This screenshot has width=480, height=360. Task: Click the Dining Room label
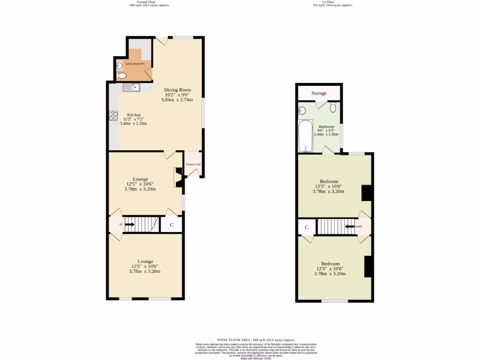pos(177,90)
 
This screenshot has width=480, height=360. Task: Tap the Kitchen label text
pos(135,114)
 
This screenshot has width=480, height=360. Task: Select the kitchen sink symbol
pos(131,87)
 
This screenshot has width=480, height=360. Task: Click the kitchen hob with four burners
pos(113,115)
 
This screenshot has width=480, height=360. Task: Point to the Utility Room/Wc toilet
pos(122,75)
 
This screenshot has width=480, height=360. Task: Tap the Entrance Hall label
pos(193,164)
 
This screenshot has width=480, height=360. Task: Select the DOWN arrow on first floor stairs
pos(351,226)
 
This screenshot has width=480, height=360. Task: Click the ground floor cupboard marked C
pos(172,225)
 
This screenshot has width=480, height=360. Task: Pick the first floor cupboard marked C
pos(307,227)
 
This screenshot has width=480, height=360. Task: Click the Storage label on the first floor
pos(319,93)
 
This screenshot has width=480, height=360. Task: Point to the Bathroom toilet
pos(333,108)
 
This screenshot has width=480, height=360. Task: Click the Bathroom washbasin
pos(302,111)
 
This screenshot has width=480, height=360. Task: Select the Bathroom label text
pos(326,127)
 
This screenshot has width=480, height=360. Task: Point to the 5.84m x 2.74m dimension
pos(177,100)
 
